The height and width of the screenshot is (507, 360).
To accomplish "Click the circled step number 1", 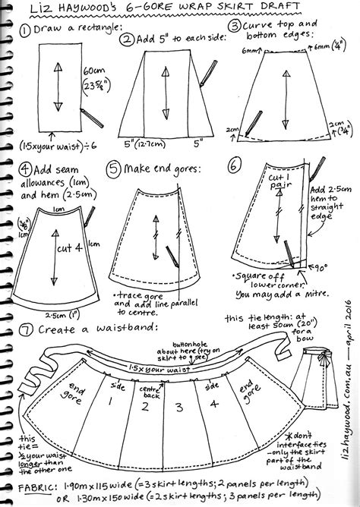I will point(27,30).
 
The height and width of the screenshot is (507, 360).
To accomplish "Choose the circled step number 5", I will point(115,166).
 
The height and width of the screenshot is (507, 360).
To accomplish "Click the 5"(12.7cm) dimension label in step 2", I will point(142,141).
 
